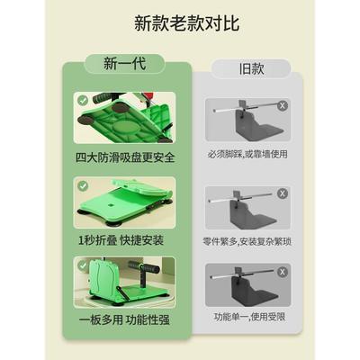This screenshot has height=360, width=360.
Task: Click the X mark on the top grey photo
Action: [283, 105]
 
